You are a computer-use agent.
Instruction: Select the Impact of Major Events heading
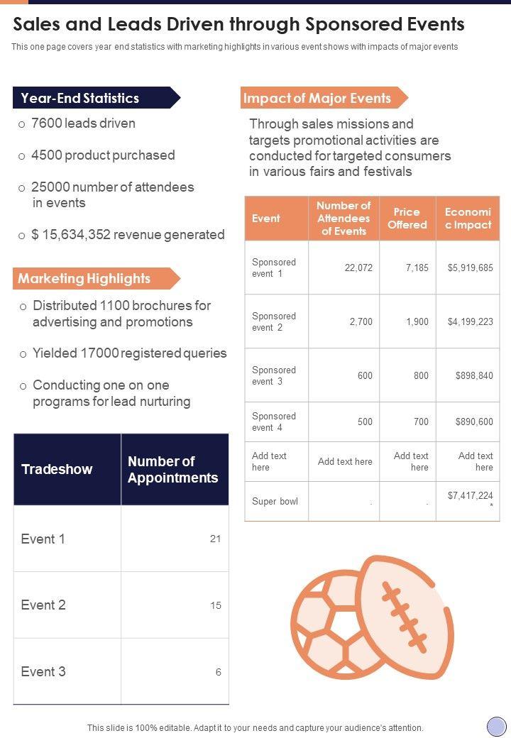[x=317, y=98]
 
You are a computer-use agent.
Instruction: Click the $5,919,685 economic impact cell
[x=470, y=268]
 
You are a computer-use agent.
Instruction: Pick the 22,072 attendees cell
[x=358, y=268]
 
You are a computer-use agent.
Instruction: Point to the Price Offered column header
[x=407, y=219]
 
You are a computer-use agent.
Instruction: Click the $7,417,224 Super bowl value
[x=470, y=496]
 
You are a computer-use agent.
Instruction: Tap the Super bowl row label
[x=275, y=502]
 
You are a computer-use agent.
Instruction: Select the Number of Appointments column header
[x=172, y=470]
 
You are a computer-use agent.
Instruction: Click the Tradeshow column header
[x=57, y=470]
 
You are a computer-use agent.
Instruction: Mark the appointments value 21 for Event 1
[x=215, y=539]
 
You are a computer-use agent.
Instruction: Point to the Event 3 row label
[x=43, y=671]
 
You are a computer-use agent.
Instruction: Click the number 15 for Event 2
[x=215, y=605]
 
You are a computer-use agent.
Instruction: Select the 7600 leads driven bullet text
[x=84, y=123]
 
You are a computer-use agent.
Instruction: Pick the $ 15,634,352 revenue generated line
[x=128, y=235]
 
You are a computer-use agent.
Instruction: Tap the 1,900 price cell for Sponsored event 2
[x=417, y=321]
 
